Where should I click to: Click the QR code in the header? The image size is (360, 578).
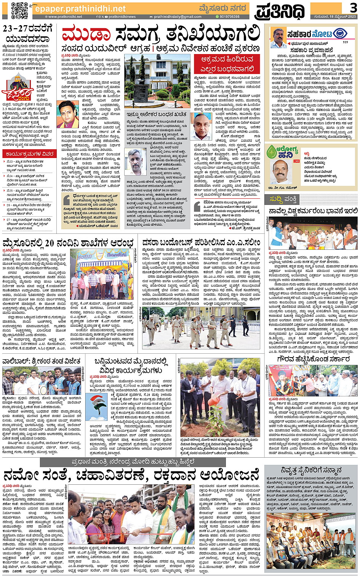pyautogui.click(x=19, y=10)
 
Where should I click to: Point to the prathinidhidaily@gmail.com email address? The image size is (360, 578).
pyautogui.click(x=178, y=17)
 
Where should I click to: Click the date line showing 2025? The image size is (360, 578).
pyautogui.click(x=335, y=17)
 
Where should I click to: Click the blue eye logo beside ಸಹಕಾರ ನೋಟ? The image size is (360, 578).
pyautogui.click(x=340, y=34)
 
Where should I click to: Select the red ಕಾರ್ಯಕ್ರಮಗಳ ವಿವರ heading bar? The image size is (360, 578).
pyautogui.click(x=29, y=154)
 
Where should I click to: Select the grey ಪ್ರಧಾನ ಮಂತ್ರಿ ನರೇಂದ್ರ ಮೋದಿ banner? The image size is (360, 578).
pyautogui.click(x=151, y=462)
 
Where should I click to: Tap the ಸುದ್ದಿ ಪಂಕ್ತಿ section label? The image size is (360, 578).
pyautogui.click(x=283, y=199)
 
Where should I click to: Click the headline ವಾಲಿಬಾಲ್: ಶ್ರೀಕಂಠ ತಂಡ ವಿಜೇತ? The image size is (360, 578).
pyautogui.click(x=42, y=361)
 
